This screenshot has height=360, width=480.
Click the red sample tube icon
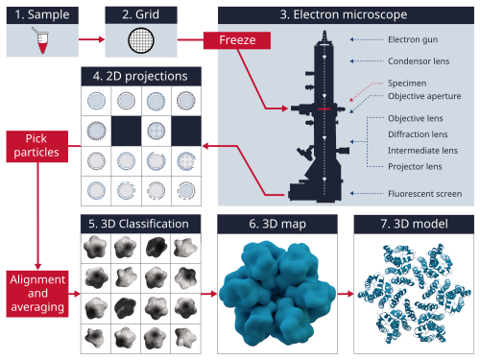[41, 40]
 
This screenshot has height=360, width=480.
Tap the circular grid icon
[141, 40]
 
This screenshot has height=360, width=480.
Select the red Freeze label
[237, 40]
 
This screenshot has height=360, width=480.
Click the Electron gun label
[413, 39]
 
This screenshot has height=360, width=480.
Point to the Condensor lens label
[419, 61]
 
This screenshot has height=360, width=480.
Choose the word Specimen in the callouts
[407, 84]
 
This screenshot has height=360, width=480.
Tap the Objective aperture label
[424, 96]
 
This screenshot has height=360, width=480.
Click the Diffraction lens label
[418, 134]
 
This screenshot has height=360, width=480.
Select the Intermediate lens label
[422, 151]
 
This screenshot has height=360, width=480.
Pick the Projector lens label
[415, 166]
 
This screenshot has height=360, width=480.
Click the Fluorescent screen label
[425, 194]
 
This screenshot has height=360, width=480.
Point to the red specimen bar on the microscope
[324, 109]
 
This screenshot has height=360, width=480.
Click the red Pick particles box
[36, 146]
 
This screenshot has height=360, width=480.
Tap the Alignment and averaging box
[37, 294]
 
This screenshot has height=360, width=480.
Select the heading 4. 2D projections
[141, 76]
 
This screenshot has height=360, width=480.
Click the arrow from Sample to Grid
[91, 39]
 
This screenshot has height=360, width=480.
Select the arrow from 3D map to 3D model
[346, 294]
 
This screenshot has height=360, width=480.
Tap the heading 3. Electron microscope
[344, 14]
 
